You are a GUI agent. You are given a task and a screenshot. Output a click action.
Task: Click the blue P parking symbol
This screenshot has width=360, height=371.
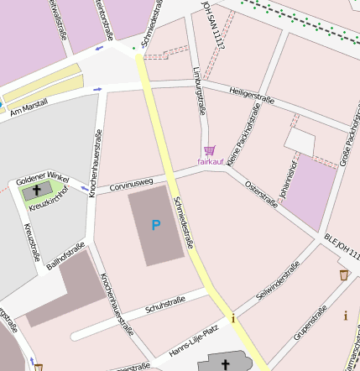[x=155, y=225]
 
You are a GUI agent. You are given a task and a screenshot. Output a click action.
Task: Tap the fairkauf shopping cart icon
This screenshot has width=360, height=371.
[x=209, y=150]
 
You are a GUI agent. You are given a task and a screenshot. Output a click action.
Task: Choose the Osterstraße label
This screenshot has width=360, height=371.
[x=261, y=194]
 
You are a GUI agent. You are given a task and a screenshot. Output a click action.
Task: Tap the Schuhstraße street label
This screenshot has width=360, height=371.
[x=165, y=303]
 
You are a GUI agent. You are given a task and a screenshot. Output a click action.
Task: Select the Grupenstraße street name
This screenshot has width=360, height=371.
[x=310, y=326]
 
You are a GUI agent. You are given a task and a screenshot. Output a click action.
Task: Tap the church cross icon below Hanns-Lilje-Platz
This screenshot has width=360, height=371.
[x=224, y=365]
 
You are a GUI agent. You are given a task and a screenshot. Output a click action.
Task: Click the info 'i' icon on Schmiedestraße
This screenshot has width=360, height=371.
[x=233, y=318]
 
